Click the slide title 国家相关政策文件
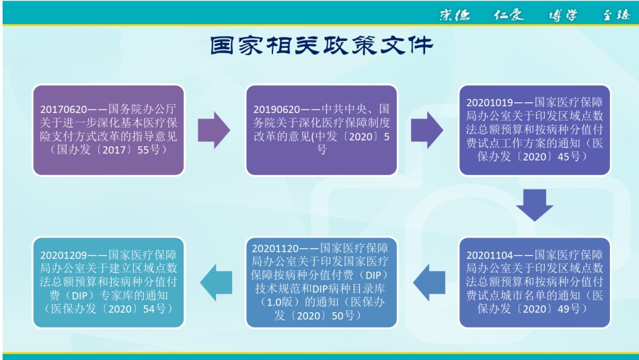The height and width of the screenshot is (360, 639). point(321,45)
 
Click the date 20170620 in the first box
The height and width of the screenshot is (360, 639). point(64,109)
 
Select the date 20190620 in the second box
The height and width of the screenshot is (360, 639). point(276,109)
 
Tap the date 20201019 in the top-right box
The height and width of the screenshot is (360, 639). point(490,102)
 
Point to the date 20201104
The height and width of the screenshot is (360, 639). point(490,255)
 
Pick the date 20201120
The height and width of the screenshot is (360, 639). point(276,248)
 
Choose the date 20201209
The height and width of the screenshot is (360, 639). point(64,255)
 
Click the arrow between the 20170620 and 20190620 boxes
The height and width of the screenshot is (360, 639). point(214,130)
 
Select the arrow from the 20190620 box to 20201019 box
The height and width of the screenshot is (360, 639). point(426,130)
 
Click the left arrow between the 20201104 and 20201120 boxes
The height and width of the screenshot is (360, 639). point(429,283)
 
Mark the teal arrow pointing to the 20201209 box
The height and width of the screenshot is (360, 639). point(216,283)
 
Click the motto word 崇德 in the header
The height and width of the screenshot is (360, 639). point(455,15)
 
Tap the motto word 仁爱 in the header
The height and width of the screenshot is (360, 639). point(509,15)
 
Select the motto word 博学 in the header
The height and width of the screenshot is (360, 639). point(563,15)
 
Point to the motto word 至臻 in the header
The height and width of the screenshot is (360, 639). point(617,15)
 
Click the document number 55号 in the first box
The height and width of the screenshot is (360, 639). point(149,149)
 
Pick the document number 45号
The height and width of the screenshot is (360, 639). point(569,157)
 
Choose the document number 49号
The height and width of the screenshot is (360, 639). point(569,309)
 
